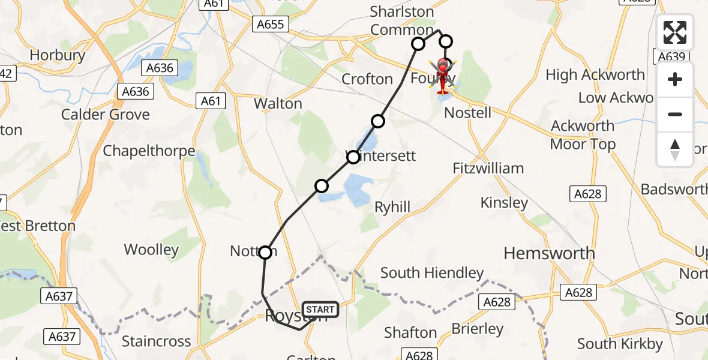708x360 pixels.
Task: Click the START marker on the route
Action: (320, 310)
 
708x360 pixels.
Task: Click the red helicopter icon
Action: (443, 77)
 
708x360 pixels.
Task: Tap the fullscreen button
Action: (675, 32)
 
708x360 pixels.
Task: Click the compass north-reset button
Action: (675, 149)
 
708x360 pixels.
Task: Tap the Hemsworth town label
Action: (549, 253)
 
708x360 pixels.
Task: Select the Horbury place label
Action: (57, 55)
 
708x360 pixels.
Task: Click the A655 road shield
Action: (271, 24)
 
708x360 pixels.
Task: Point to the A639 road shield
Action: (671, 56)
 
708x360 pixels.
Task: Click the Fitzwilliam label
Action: (488, 168)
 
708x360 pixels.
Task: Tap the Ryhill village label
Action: (392, 207)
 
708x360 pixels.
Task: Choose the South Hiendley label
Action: (432, 273)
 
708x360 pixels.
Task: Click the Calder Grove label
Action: (106, 115)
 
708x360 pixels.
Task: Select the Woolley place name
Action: (151, 250)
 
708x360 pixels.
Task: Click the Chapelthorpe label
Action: (149, 151)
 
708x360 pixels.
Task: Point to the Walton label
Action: (278, 103)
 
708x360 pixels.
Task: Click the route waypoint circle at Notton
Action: (265, 253)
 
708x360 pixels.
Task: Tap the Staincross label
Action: (156, 341)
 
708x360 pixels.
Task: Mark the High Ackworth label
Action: (595, 75)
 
